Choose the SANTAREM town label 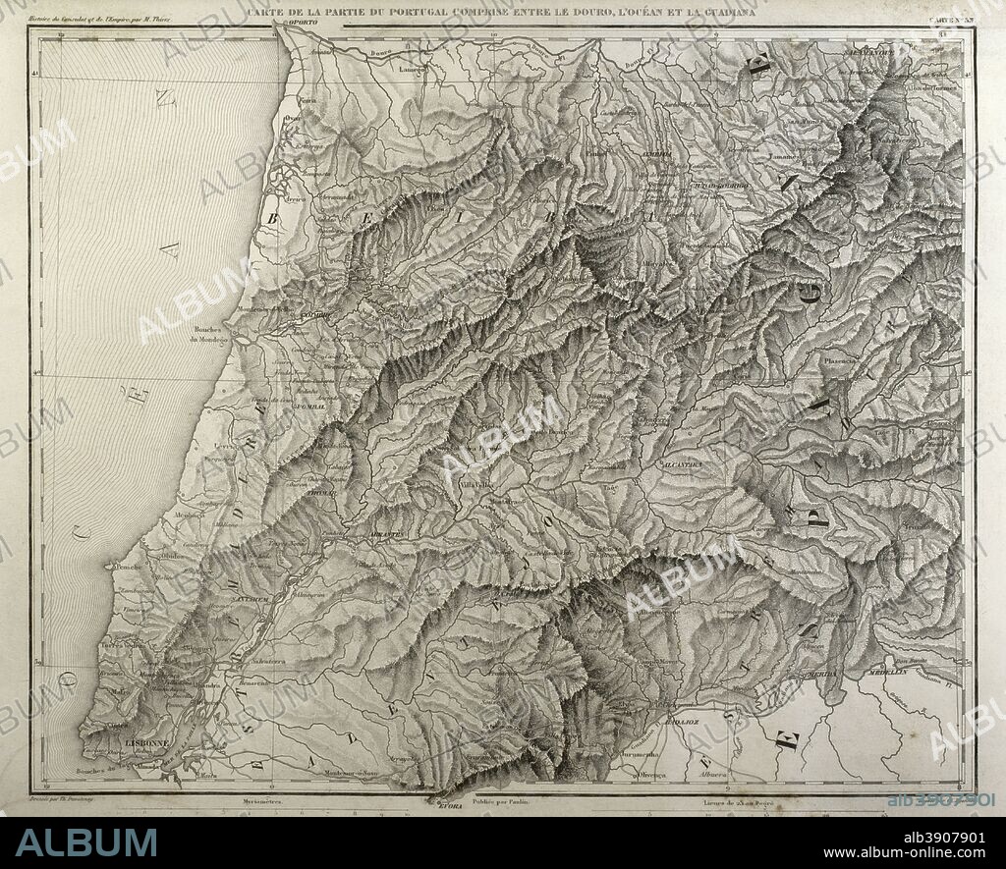tap(251, 598)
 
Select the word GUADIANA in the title tap(717, 12)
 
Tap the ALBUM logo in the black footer tap(86, 842)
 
